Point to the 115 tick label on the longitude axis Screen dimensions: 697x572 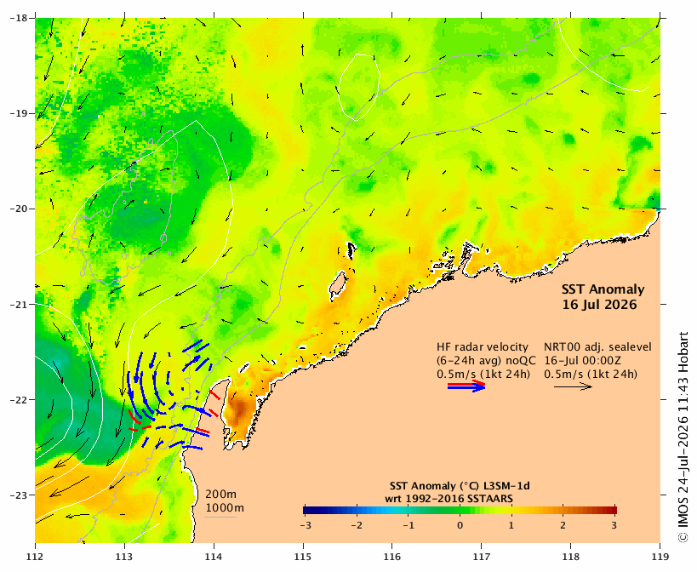pyautogui.click(x=304, y=557)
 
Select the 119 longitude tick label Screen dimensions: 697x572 pyautogui.click(x=660, y=557)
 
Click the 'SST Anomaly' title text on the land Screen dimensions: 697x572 pyautogui.click(x=603, y=289)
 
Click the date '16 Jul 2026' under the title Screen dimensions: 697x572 pyautogui.click(x=599, y=305)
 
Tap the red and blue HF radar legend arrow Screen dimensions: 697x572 pyautogui.click(x=466, y=386)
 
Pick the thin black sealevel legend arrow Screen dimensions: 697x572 pyautogui.click(x=573, y=386)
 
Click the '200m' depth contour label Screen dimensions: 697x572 pyautogui.click(x=221, y=495)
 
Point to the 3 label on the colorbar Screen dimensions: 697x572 pyautogui.click(x=614, y=525)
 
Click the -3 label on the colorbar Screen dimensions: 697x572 pyautogui.click(x=305, y=525)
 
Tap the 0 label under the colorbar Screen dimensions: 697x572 pyautogui.click(x=460, y=525)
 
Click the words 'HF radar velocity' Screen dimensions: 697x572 pyautogui.click(x=483, y=347)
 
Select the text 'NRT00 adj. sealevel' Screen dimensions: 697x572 pyautogui.click(x=598, y=347)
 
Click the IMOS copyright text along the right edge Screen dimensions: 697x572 pyautogui.click(x=683, y=437)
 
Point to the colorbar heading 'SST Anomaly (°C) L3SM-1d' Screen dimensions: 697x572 pyautogui.click(x=460, y=486)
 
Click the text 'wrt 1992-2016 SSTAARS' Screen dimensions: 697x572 pyautogui.click(x=449, y=499)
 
